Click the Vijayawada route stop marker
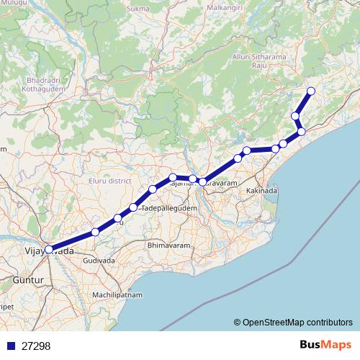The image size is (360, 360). (x=49, y=250)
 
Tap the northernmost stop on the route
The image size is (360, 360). (x=311, y=90)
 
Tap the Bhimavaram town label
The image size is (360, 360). (x=167, y=246)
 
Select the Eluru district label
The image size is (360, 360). (x=108, y=180)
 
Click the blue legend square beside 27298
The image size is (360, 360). (x=11, y=346)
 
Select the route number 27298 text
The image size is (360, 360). (x=36, y=346)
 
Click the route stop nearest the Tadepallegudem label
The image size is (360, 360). (x=134, y=208)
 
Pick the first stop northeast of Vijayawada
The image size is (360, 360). (x=95, y=232)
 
